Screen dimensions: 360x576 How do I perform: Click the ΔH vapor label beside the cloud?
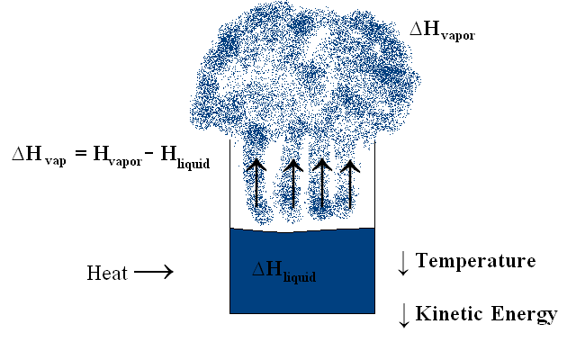coord(442,31)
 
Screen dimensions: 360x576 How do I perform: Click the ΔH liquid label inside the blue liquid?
coord(285,271)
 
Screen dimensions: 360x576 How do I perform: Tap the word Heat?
coord(107,272)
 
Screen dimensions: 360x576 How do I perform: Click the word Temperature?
coord(476,261)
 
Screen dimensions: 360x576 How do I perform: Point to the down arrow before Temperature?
coord(403,263)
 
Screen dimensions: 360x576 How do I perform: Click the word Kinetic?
coord(448,314)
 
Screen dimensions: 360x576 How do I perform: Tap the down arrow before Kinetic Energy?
coord(403,315)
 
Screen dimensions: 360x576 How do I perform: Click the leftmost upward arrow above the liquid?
coord(256,184)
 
